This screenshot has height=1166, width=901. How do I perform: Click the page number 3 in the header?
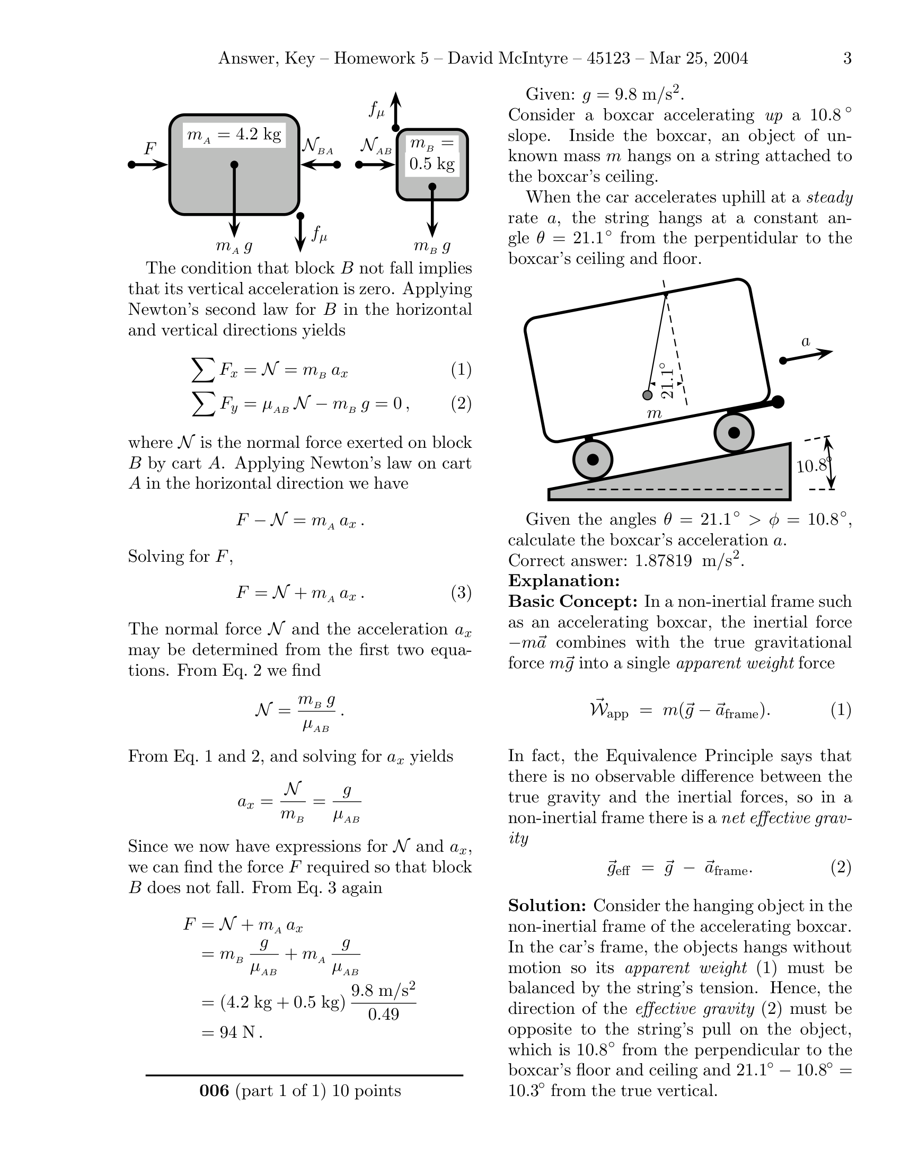[x=847, y=58]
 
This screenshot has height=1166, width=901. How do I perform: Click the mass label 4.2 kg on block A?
[x=258, y=134]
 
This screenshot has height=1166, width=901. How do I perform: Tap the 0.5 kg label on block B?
[x=432, y=163]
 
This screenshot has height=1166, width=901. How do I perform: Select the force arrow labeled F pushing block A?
[x=149, y=164]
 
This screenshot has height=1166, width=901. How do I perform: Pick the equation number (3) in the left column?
[x=461, y=593]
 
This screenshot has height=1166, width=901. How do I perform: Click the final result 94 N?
[x=241, y=1032]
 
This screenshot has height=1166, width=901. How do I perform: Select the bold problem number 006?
[x=214, y=1090]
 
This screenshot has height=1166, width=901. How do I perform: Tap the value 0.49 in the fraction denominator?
[x=383, y=1014]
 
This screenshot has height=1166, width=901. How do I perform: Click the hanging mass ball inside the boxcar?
[x=648, y=395]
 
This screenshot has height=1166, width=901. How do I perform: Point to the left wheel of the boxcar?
[x=593, y=460]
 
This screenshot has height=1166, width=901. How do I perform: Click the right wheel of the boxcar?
[x=734, y=432]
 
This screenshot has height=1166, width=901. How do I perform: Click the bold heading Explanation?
[x=564, y=580]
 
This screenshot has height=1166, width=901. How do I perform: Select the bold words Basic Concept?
[x=573, y=601]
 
